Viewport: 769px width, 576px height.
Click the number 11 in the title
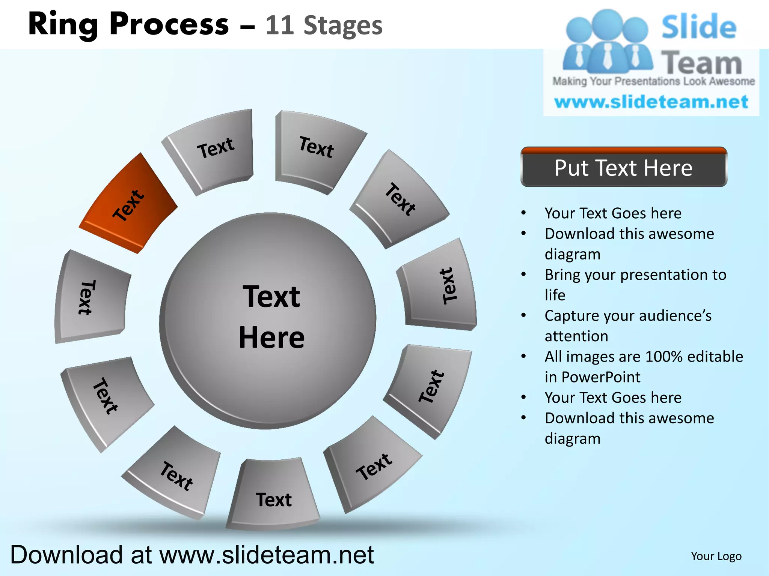[x=279, y=25]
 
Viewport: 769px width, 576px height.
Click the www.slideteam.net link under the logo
[x=651, y=102]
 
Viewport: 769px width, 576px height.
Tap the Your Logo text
[x=716, y=556]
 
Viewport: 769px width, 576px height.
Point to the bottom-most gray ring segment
[x=273, y=495]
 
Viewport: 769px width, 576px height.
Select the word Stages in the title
[x=343, y=25]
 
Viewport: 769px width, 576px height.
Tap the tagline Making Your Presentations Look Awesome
[x=653, y=81]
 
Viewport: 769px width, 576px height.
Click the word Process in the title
[x=169, y=25]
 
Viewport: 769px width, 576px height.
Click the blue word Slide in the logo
[x=698, y=27]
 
